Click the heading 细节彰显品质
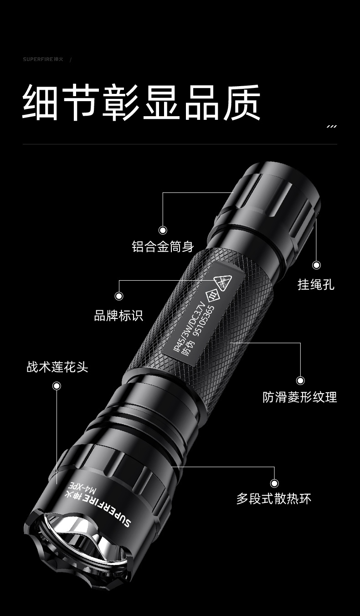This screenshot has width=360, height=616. (x=141, y=103)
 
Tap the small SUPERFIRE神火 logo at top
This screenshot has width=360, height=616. (x=43, y=59)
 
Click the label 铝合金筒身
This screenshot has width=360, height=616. (x=163, y=246)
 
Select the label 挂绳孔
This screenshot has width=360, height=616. (x=316, y=284)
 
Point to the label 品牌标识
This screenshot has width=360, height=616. (x=118, y=315)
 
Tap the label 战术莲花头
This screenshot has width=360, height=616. (x=57, y=367)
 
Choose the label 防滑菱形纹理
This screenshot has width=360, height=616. (x=300, y=397)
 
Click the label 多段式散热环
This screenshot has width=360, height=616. (x=274, y=499)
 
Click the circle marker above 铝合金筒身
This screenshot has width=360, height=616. (x=163, y=230)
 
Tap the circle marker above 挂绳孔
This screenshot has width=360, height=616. (x=317, y=265)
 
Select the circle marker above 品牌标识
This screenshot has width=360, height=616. (x=119, y=296)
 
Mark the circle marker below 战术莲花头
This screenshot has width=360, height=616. (x=57, y=386)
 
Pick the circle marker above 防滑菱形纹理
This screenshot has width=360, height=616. (x=300, y=380)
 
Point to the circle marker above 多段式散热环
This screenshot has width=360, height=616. (x=274, y=483)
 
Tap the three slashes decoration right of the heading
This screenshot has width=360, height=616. (x=332, y=127)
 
